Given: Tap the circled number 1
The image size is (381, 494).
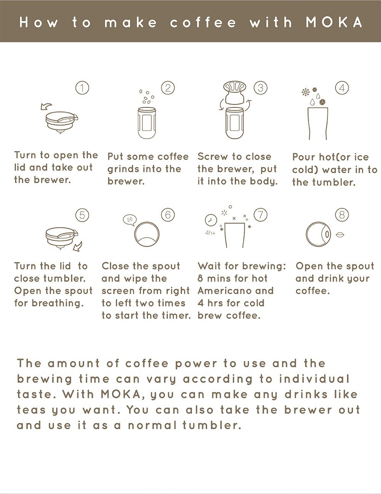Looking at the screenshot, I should click(82, 88).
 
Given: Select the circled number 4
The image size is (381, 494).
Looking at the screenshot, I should click(342, 88).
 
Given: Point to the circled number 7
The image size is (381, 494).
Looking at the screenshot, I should click(260, 215).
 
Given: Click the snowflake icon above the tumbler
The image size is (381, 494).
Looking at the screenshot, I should click(305, 92).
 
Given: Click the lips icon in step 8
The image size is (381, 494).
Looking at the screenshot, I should click(340, 234).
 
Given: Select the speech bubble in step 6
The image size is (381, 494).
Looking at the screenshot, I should click(130, 220).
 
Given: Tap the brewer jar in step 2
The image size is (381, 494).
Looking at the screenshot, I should click(147, 123).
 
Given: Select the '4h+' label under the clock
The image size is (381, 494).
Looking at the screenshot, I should click(210, 233).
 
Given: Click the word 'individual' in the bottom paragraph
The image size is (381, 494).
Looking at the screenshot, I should click(314, 379).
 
